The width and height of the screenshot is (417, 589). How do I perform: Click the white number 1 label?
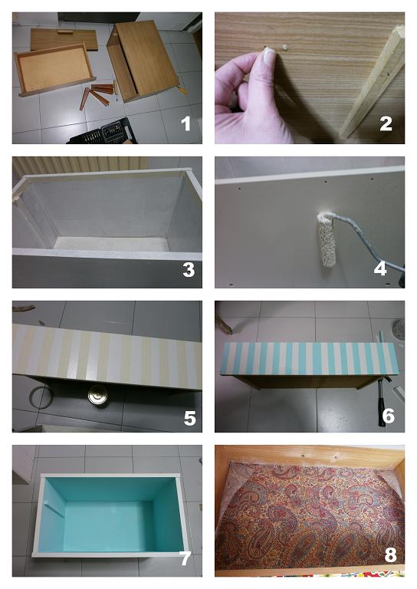point(186,123)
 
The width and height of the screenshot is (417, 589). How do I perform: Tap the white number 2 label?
point(386,123)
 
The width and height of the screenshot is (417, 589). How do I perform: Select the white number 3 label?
point(189,269)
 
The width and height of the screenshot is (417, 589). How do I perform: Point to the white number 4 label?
point(380,268)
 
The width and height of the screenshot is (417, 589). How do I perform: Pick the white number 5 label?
point(189,418)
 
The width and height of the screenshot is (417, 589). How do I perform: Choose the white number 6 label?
point(388,416)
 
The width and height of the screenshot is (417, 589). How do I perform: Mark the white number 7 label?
point(185,558)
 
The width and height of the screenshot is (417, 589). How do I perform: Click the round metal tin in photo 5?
point(97,396)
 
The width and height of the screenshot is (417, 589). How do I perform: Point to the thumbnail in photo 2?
point(270,56)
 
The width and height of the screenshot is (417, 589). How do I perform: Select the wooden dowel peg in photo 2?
point(285,48)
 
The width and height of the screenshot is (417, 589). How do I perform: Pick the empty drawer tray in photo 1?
point(54,70)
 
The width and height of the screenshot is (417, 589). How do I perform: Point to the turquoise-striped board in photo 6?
point(310,359)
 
